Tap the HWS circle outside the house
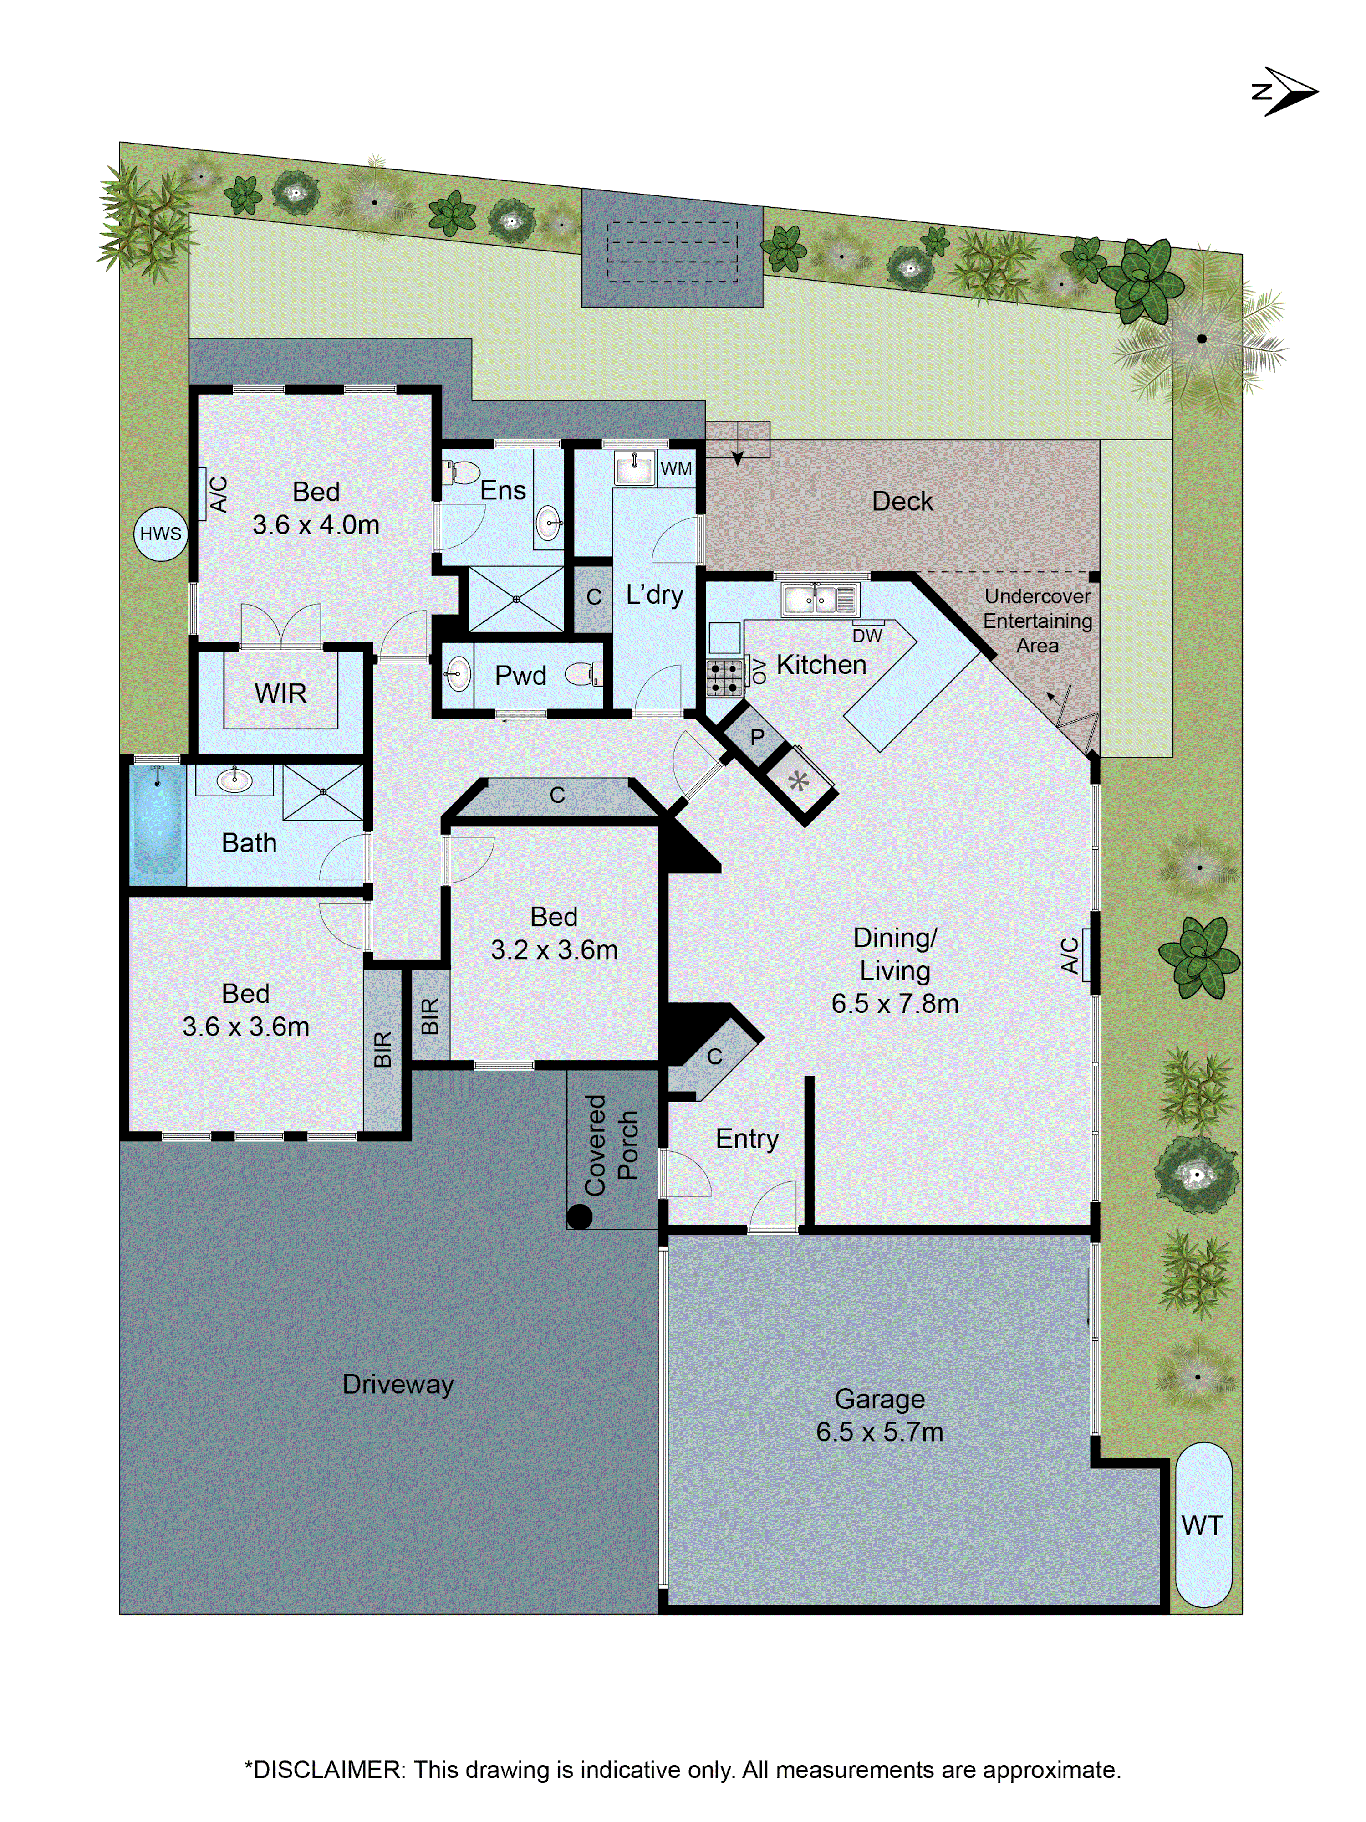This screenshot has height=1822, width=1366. [161, 534]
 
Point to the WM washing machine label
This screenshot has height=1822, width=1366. [676, 469]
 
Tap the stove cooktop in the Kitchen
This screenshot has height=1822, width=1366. [724, 677]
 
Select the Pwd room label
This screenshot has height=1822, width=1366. [520, 675]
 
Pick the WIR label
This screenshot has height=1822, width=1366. [281, 693]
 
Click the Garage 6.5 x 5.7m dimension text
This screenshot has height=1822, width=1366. [879, 1432]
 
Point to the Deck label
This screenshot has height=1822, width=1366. [902, 501]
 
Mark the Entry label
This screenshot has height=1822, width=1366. [747, 1138]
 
